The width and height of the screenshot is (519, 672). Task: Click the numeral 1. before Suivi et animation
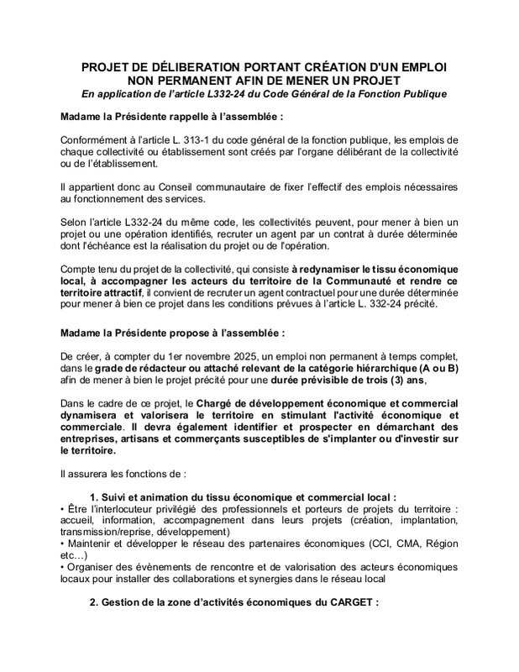(x=93, y=496)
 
